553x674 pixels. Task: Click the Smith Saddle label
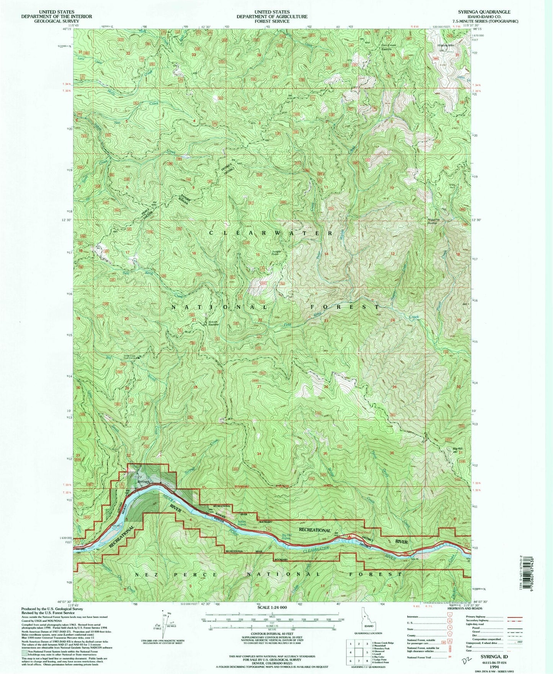click(214, 323)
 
